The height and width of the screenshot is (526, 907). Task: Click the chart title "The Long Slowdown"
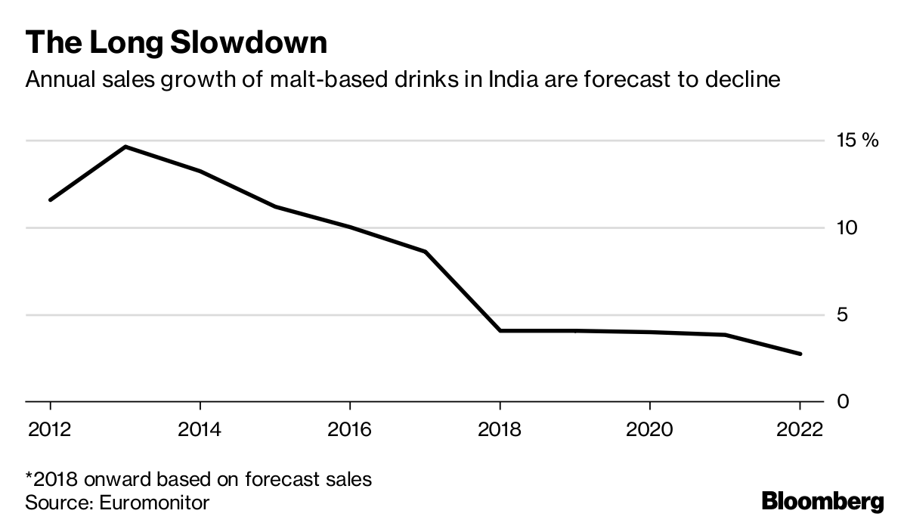pyautogui.click(x=176, y=42)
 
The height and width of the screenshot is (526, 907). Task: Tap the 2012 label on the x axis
pyautogui.click(x=49, y=429)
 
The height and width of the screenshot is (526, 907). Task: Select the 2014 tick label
pyautogui.click(x=200, y=429)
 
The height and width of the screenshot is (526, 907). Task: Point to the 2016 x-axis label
pyautogui.click(x=349, y=429)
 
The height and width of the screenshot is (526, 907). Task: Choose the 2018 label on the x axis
pyautogui.click(x=500, y=429)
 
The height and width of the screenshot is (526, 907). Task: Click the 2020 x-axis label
pyautogui.click(x=650, y=429)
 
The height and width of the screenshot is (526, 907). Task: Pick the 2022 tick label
pyautogui.click(x=800, y=429)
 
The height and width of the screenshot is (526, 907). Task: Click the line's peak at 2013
pyautogui.click(x=125, y=147)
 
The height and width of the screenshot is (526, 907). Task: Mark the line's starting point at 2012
pyautogui.click(x=50, y=200)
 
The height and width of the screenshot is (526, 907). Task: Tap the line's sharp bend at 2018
pyautogui.click(x=500, y=330)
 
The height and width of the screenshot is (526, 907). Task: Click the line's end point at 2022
pyautogui.click(x=800, y=354)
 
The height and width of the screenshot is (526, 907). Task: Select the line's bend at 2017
pyautogui.click(x=425, y=252)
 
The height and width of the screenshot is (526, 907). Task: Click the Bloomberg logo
pyautogui.click(x=822, y=501)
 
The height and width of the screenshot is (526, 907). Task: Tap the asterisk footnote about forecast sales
pyautogui.click(x=199, y=479)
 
